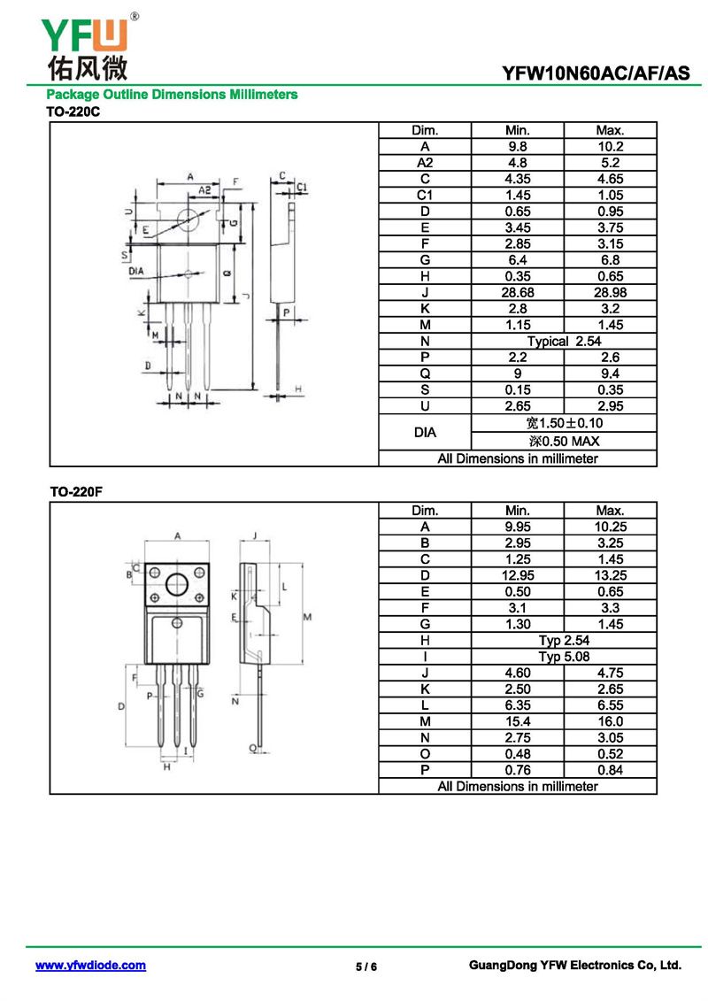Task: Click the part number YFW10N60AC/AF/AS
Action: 596,74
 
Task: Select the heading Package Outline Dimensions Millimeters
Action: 172,95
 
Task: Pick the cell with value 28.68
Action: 517,292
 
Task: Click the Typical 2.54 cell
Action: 564,341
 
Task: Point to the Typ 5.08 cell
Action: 564,657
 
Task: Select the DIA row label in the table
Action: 425,433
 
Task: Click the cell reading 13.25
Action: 611,575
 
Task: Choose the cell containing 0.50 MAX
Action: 564,441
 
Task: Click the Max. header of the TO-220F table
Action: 611,511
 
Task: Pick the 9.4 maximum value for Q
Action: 611,373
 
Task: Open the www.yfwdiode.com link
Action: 90,966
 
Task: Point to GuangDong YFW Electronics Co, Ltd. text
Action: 574,966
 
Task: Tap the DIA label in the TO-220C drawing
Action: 136,271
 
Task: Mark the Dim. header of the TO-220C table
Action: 425,130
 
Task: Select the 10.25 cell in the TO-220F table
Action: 611,527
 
